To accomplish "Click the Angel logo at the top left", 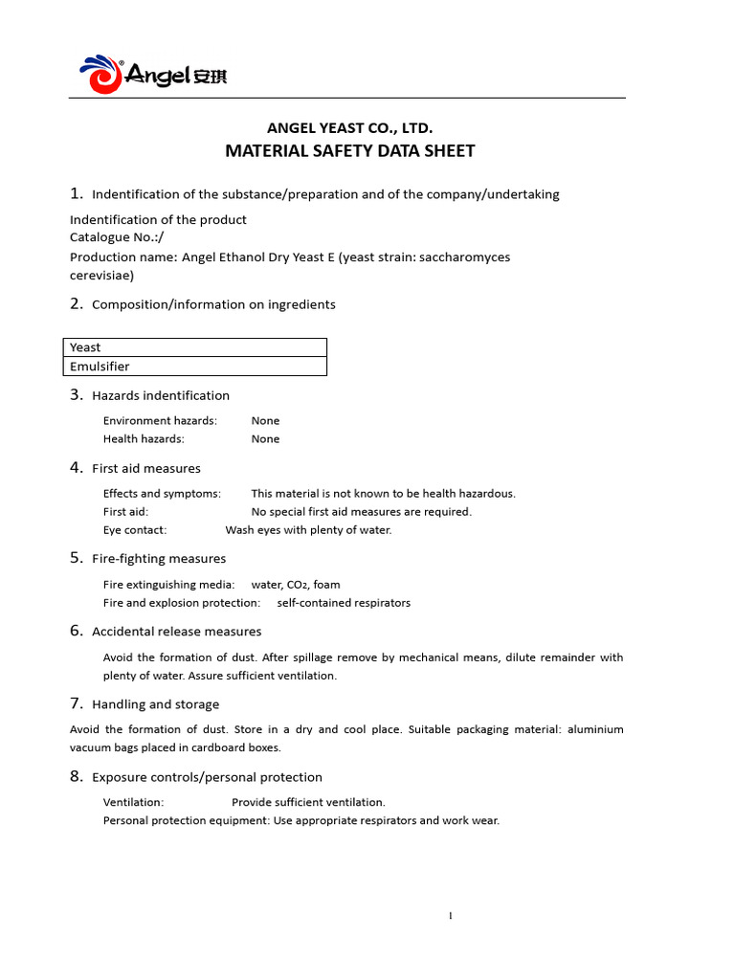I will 152,74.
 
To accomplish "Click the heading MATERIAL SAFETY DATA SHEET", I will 349,151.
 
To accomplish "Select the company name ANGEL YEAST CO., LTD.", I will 349,127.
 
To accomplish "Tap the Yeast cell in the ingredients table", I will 197,347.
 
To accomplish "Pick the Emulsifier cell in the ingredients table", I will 197,367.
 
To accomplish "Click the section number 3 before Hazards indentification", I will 77,394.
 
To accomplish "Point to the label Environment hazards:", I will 160,421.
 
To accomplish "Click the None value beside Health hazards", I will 265,439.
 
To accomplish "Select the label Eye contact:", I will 135,530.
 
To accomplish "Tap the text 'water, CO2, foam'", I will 295,585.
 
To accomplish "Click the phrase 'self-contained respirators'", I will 344,603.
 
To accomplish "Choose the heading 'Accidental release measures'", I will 176,632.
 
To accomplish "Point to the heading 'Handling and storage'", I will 155,704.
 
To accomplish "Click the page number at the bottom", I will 451,916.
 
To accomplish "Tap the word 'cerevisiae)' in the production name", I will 101,275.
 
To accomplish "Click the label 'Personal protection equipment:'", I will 186,821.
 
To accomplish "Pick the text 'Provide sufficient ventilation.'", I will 308,803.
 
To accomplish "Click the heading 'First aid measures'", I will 145,468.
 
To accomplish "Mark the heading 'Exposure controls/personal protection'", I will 207,777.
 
